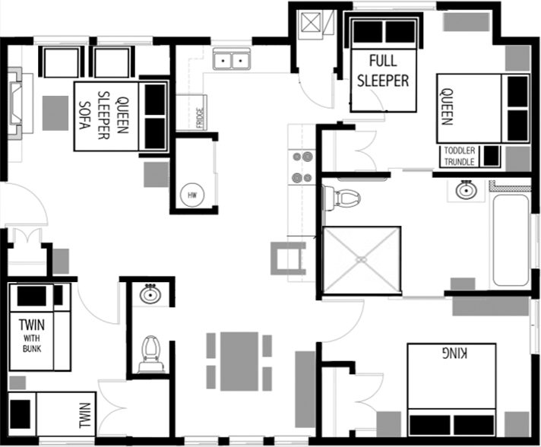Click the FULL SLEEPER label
pyautogui.click(x=389, y=70)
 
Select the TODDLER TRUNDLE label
pyautogui.click(x=460, y=156)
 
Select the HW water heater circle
pyautogui.click(x=192, y=195)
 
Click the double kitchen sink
pyautogui.click(x=233, y=59)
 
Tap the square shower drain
pyautogui.click(x=361, y=259)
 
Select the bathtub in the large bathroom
pyautogui.click(x=510, y=239)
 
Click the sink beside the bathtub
pyautogui.click(x=467, y=190)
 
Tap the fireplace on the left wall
pyautogui.click(x=15, y=102)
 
